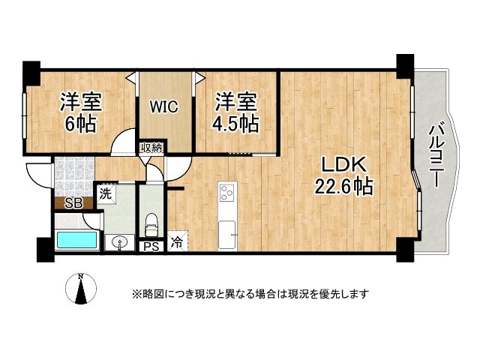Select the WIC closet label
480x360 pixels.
163,106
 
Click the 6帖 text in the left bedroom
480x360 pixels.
79,123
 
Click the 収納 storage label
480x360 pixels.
151,148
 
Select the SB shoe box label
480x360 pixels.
73,202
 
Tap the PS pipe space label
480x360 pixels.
150,244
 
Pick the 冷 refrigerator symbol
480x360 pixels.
177,242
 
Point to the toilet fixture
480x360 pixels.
151,222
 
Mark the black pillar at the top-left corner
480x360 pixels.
31,71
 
